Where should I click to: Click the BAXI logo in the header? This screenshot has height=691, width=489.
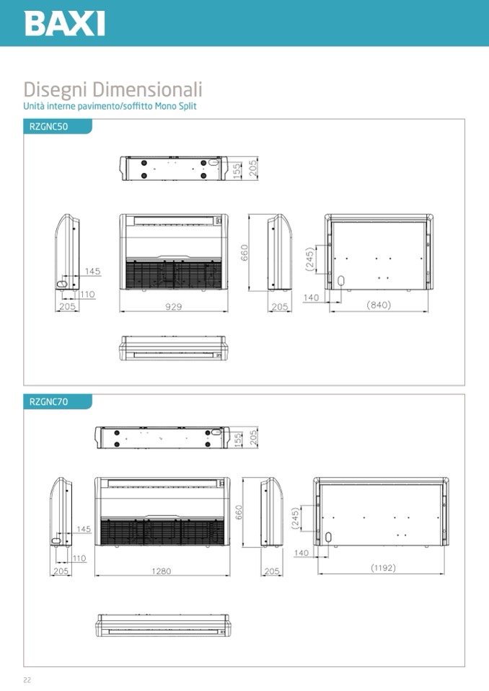coord(65,24)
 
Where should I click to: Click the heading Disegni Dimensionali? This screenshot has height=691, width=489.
coord(113,89)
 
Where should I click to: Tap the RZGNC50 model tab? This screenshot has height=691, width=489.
coord(48,127)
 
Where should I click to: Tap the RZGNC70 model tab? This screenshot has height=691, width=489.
coord(48,402)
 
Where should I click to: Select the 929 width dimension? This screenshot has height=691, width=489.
coord(173,307)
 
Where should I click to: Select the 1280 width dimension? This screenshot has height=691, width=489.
coord(162,571)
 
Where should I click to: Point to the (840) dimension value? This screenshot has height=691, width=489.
coord(379,305)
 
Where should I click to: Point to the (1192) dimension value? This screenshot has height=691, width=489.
coord(383,568)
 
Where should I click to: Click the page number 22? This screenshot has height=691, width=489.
coord(27,680)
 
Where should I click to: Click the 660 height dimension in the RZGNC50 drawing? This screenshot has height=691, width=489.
coord(244,252)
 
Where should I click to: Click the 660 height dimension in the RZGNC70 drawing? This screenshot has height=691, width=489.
coord(239,512)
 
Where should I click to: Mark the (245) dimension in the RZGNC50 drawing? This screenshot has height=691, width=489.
coord(310,259)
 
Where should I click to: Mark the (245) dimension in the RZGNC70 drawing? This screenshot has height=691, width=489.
coord(296,519)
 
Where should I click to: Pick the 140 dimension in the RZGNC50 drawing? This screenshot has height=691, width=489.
coord(311,298)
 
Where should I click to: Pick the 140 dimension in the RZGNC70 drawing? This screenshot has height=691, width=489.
coord(301,553)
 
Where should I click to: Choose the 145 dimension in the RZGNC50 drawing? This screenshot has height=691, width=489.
coord(92,272)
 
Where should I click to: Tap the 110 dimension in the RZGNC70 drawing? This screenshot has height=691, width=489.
coord(79,558)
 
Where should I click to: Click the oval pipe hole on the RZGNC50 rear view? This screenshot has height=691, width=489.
coord(340,281)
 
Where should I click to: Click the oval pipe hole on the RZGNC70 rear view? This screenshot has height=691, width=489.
coord(328,537)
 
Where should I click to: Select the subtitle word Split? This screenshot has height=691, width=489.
coord(188,106)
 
